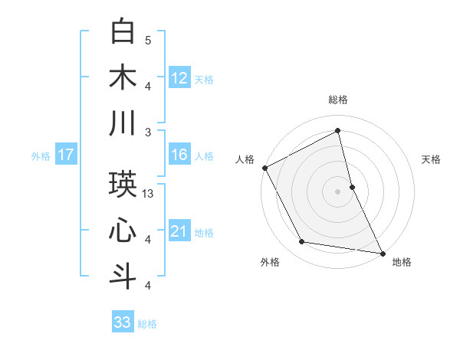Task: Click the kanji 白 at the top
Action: [x=123, y=31]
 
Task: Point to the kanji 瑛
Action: [x=123, y=185]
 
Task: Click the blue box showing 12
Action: [x=179, y=77]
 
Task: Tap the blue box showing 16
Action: [x=179, y=155]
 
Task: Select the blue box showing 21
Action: [x=179, y=231]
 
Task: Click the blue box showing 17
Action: [x=65, y=155]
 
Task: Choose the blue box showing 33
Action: [x=123, y=322]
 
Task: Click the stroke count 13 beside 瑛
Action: [x=149, y=194]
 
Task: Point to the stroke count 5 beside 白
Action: [x=148, y=40]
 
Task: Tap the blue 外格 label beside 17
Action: [x=41, y=155]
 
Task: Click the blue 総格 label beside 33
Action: [x=147, y=323]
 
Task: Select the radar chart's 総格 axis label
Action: [x=338, y=100]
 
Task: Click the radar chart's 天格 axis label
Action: [x=432, y=159]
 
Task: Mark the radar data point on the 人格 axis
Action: [x=264, y=167]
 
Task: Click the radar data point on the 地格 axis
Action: [x=383, y=253]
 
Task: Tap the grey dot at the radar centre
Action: [x=338, y=191]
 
